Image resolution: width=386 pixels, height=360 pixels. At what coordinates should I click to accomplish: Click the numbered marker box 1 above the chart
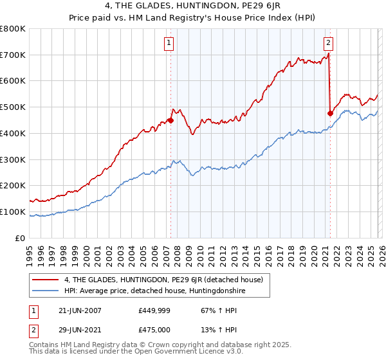169,43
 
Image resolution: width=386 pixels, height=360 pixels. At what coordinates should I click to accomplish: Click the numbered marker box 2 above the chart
328,43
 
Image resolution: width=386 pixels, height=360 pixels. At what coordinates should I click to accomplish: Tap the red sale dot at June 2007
171,120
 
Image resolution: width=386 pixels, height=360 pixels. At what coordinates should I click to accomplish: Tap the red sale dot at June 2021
330,113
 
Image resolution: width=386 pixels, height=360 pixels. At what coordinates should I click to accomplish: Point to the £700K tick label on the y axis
13,55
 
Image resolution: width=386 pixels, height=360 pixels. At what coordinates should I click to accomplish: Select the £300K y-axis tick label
13,159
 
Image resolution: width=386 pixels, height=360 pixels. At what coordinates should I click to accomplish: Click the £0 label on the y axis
21,238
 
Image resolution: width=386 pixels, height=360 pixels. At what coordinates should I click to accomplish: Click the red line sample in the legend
46,280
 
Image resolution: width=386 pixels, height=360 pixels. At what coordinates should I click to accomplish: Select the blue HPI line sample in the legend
46,291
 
